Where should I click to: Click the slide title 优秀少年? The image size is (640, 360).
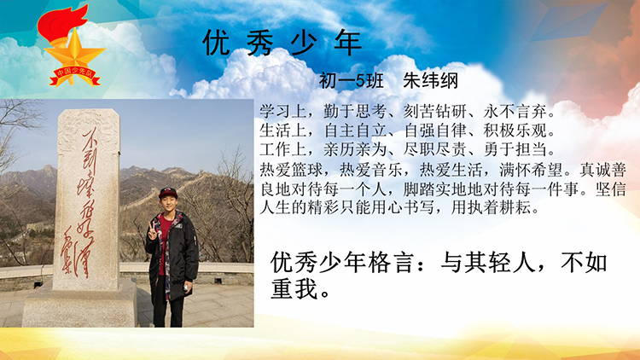[282, 43]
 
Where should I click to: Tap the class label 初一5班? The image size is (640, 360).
[351, 81]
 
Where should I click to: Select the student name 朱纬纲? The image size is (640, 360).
[430, 81]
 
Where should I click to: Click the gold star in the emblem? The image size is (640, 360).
[74, 52]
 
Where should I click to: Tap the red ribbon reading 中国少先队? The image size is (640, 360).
[75, 76]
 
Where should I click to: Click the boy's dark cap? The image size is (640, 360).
[168, 193]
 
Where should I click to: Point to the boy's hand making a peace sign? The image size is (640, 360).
[152, 231]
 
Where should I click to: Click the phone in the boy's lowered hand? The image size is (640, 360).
[186, 287]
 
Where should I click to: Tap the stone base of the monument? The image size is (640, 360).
[80, 305]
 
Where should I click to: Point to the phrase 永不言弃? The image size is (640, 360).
[515, 111]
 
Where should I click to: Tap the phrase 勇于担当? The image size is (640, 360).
[515, 149]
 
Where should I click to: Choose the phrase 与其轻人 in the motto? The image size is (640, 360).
[488, 262]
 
